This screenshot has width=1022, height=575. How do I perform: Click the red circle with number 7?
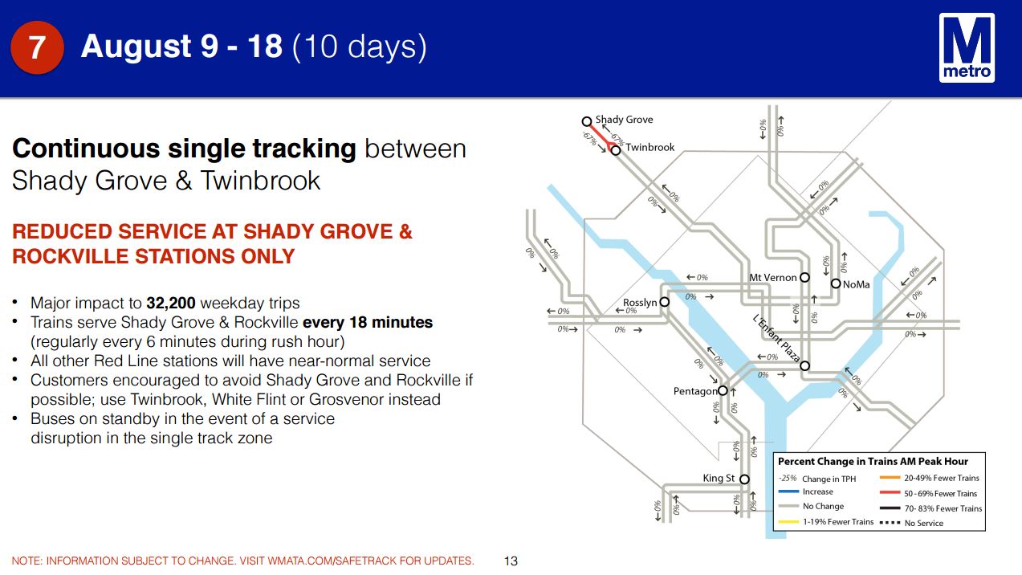pos(37,47)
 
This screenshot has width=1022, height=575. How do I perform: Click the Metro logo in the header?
pos(967,48)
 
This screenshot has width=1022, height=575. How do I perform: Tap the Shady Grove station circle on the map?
pos(587,121)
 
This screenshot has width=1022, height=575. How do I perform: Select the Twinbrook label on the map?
pos(649,147)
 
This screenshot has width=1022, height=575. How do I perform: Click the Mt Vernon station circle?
pos(804,277)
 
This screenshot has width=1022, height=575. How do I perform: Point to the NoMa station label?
pos(857,284)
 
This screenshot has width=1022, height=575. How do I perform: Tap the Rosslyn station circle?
pos(665,302)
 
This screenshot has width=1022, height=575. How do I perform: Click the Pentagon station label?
pos(695,392)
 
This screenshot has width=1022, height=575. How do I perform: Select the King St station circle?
pos(744,479)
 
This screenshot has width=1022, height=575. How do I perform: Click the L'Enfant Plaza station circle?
pos(804,366)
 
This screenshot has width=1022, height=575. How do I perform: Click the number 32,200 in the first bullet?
pos(171,303)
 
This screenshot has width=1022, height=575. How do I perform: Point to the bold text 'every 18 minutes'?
pos(368,322)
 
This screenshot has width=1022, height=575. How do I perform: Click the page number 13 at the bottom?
pos(511,561)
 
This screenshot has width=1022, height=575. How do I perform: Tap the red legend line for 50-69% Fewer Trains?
pos(890,493)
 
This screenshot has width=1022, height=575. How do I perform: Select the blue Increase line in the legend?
pos(788,491)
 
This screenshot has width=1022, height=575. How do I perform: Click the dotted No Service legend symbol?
pos(890,523)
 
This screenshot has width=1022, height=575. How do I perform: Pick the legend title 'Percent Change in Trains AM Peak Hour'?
pos(873,462)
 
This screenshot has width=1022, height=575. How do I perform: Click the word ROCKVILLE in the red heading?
pos(71,256)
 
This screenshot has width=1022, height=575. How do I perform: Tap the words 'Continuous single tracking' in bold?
pos(184,149)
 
